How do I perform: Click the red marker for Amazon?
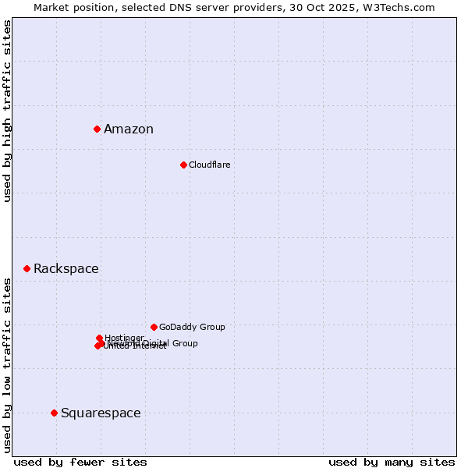click(97, 129)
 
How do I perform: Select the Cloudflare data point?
click(183, 165)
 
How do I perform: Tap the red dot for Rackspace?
click(27, 268)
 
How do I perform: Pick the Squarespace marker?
click(54, 413)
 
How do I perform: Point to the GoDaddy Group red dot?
click(154, 327)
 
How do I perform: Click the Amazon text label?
click(129, 129)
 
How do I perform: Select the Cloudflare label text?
click(209, 165)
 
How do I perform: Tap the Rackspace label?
click(66, 269)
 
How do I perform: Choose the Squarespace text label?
click(101, 413)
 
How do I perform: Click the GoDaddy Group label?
click(192, 328)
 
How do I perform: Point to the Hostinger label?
click(124, 338)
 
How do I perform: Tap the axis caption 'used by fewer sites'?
click(80, 462)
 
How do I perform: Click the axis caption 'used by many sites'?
click(392, 462)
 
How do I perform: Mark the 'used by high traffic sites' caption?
click(8, 111)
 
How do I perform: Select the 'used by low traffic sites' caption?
click(8, 364)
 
